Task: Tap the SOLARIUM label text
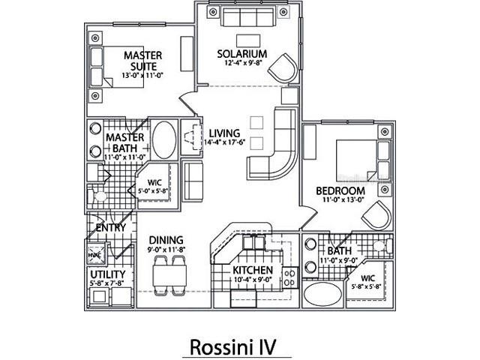click(242, 55)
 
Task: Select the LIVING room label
click(224, 133)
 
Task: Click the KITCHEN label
click(251, 270)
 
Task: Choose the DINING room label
click(166, 240)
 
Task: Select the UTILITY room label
click(107, 274)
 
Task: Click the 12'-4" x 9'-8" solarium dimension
click(242, 64)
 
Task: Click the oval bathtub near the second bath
click(324, 294)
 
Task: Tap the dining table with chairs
click(169, 275)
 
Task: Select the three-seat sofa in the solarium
click(249, 17)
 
